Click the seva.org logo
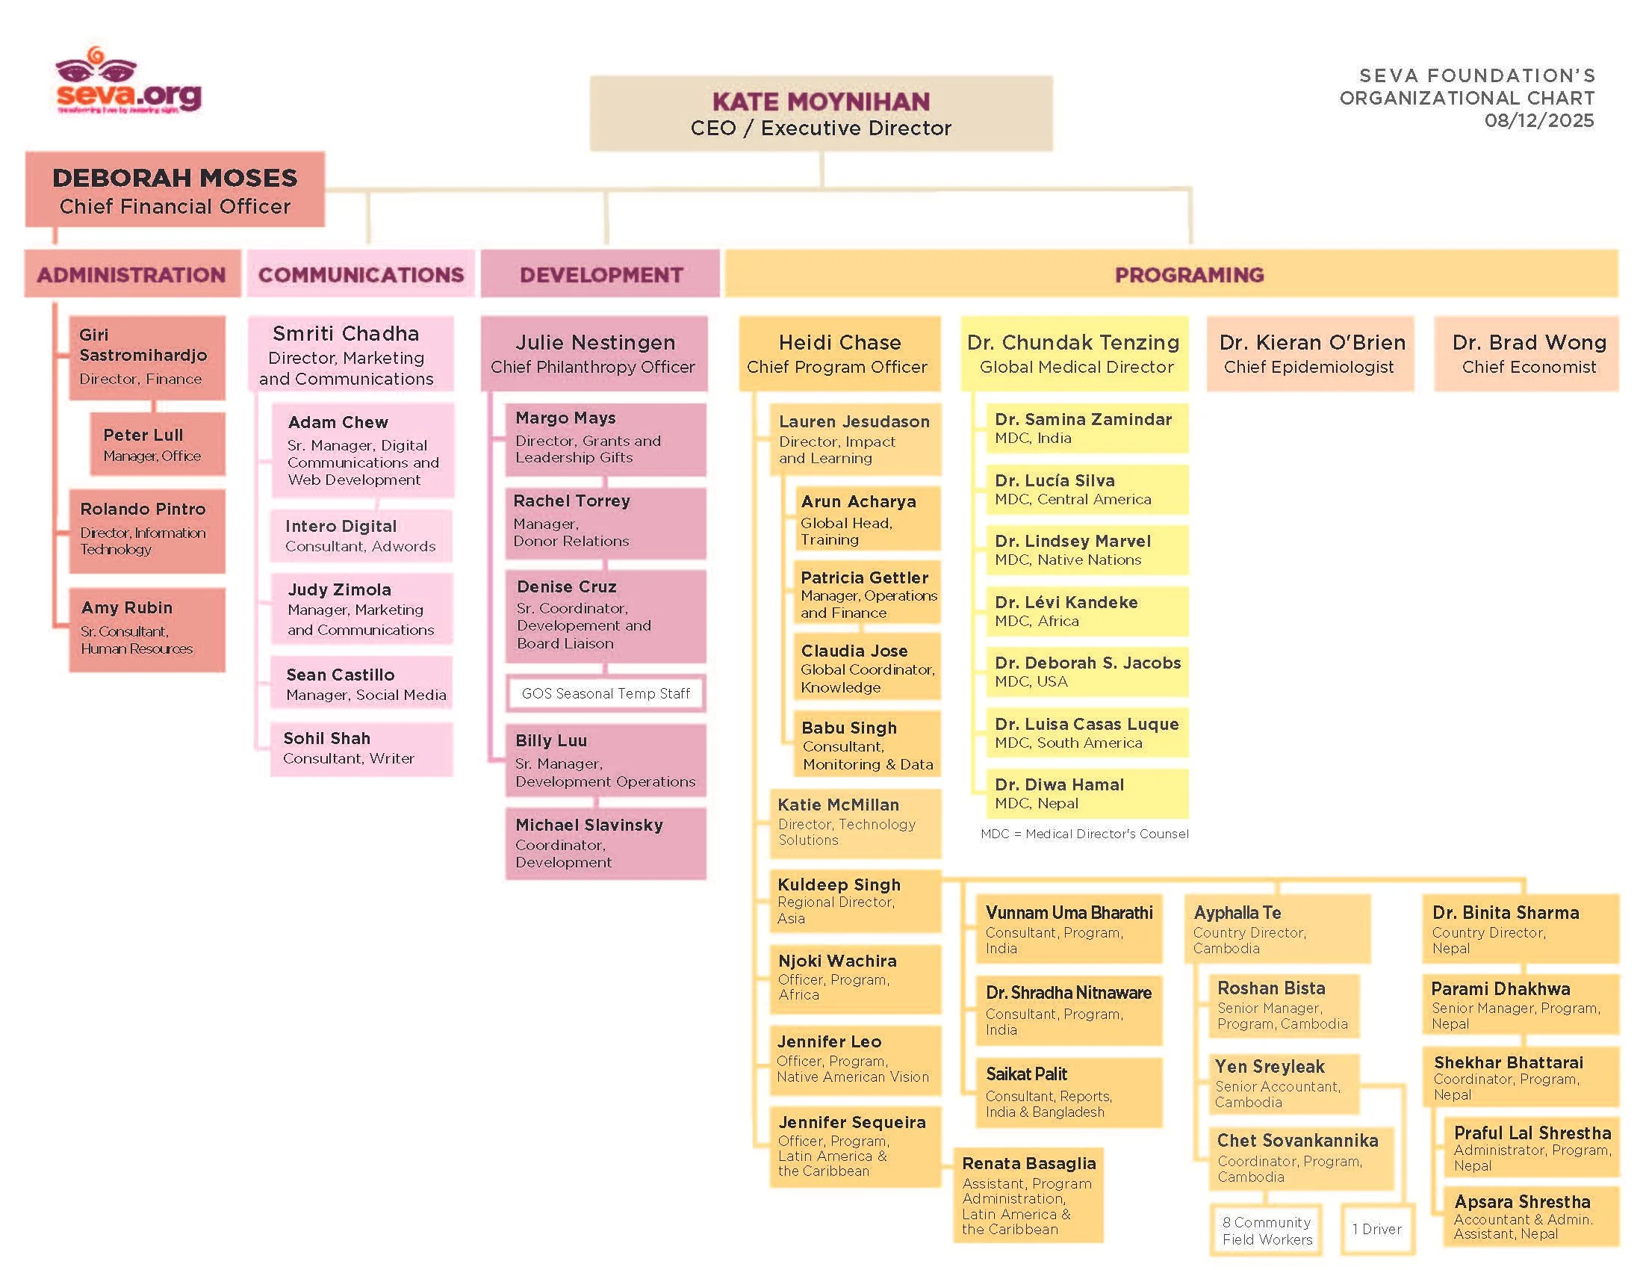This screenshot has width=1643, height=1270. [x=128, y=83]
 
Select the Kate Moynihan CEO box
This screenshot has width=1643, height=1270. [x=820, y=114]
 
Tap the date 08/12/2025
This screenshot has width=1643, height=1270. [x=1538, y=120]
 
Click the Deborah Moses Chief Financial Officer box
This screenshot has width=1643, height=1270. [x=175, y=190]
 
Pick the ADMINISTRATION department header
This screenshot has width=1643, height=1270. [x=131, y=275]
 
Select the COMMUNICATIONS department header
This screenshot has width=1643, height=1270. [x=361, y=275]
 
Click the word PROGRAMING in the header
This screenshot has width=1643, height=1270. [x=1189, y=275]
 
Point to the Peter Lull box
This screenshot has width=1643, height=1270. [x=158, y=444]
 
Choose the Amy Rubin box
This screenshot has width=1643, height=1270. [x=146, y=629]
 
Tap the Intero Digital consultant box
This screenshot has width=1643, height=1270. [x=361, y=536]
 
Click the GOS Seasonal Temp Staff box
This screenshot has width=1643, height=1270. [x=606, y=693]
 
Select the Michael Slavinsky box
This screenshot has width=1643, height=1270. [x=606, y=843]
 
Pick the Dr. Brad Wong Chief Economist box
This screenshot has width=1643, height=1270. [x=1527, y=353]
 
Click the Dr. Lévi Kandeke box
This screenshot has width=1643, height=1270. [x=1087, y=611]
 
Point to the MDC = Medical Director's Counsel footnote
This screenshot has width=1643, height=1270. [x=1084, y=834]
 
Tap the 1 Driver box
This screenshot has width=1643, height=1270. [x=1376, y=1229]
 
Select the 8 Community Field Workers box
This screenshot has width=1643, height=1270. [x=1267, y=1230]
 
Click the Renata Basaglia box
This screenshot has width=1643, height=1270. [x=1028, y=1194]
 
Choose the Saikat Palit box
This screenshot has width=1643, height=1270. [x=1068, y=1091]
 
